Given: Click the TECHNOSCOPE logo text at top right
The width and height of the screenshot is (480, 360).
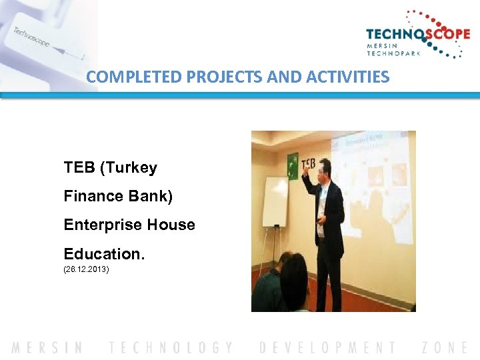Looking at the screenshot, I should coord(418,35).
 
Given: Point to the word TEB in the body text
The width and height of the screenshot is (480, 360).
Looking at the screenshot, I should coord(79,167).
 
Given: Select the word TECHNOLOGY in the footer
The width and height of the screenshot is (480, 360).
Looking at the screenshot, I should coord(171,347).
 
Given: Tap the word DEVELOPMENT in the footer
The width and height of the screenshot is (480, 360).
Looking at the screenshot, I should coord(327,347).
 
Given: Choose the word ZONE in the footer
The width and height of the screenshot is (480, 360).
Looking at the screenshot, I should coord(445,347).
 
